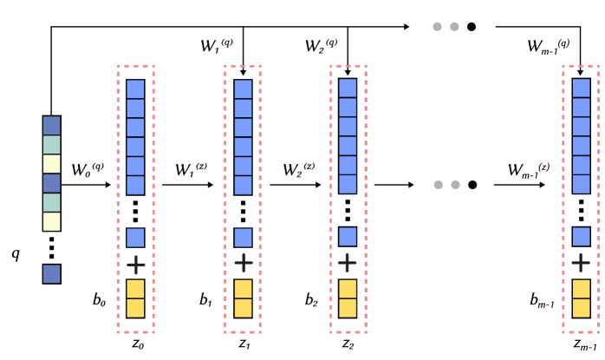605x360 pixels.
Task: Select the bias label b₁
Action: (205, 301)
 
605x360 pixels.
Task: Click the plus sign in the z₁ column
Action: (244, 262)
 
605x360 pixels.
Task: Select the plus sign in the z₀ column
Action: (134, 262)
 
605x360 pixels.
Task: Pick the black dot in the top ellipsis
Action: (472, 27)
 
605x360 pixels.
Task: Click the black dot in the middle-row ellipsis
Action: (472, 185)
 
